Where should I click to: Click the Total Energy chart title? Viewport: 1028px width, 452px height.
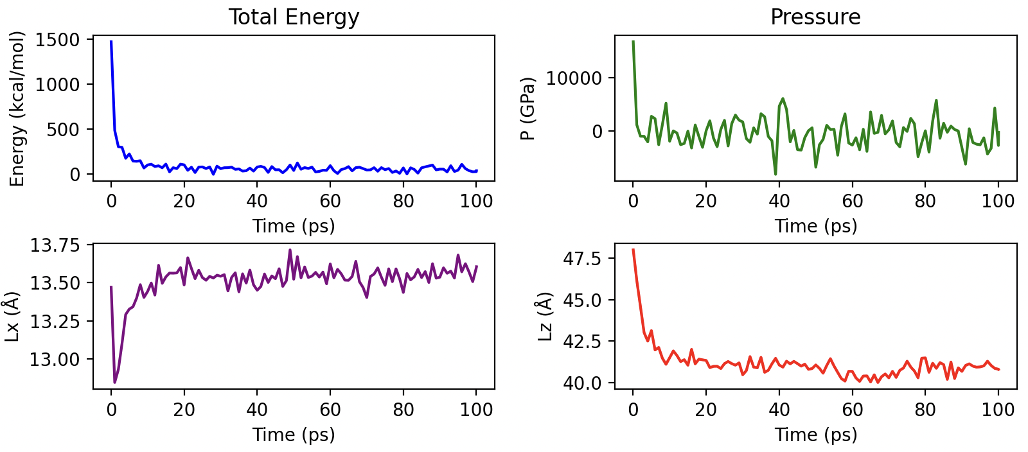tap(294, 17)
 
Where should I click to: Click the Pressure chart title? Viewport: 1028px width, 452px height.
tap(815, 17)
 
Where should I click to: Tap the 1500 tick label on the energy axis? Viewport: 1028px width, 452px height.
tap(58, 40)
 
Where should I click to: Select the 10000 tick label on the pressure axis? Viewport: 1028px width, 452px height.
tap(574, 78)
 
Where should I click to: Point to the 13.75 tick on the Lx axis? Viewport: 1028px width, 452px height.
tap(55, 246)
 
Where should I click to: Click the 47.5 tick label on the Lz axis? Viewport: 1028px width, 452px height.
tap(581, 259)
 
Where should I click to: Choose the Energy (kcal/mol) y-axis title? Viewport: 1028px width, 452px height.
tap(17, 109)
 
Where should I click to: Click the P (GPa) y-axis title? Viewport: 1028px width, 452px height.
tap(528, 109)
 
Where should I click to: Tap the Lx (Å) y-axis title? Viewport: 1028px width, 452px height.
tap(12, 317)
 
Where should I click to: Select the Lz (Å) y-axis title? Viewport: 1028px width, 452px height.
tap(545, 317)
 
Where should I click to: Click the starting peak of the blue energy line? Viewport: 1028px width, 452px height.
tap(111, 42)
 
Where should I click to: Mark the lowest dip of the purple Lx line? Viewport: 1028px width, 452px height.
tap(115, 383)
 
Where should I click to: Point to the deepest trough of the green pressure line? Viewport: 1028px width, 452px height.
tap(775, 174)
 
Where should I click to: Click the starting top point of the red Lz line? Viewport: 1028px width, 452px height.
tap(633, 250)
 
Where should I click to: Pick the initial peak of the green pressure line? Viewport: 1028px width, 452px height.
tap(633, 42)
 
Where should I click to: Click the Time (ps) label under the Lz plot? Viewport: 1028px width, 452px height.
tap(815, 435)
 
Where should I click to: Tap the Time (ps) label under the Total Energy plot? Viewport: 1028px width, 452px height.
tap(294, 226)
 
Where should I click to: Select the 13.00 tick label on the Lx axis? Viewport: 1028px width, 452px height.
tap(55, 360)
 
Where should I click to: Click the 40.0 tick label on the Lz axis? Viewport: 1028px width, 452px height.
tap(581, 383)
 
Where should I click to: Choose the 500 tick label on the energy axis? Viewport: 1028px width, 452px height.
tap(66, 130)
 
